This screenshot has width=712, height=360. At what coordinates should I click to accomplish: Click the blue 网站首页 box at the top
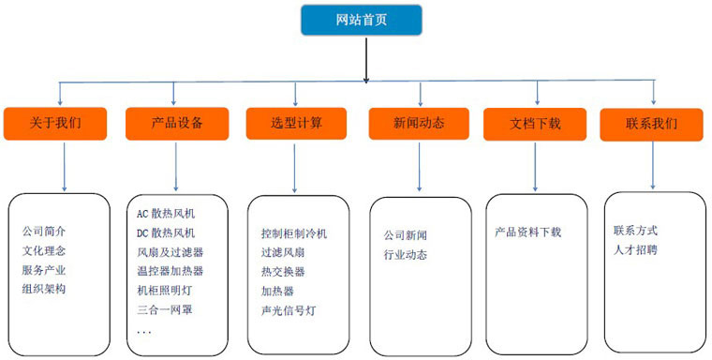pos(361,20)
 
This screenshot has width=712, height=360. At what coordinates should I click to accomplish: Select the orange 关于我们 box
pos(56,124)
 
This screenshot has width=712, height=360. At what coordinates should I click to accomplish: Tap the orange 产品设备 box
pos(176,124)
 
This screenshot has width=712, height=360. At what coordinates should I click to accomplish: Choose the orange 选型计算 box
pos(295,124)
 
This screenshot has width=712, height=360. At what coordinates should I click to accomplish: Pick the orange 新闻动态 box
pos(419,124)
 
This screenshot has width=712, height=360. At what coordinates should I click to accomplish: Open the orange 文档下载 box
pos(535,124)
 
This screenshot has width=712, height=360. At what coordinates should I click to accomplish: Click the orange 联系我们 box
pos(652,124)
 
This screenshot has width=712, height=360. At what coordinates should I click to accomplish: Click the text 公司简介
pos(44,232)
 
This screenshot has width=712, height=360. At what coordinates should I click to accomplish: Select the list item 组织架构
pos(44,289)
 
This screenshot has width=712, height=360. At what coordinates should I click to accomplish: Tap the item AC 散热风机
pos(166,213)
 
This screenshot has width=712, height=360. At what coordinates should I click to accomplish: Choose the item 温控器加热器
pos(170,271)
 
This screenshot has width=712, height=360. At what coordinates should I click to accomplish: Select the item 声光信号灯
pos(289,309)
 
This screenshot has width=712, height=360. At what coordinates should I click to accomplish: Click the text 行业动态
pos(405,254)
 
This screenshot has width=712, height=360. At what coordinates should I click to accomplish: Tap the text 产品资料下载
pos(528,232)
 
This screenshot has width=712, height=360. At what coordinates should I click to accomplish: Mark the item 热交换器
pos(283,272)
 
